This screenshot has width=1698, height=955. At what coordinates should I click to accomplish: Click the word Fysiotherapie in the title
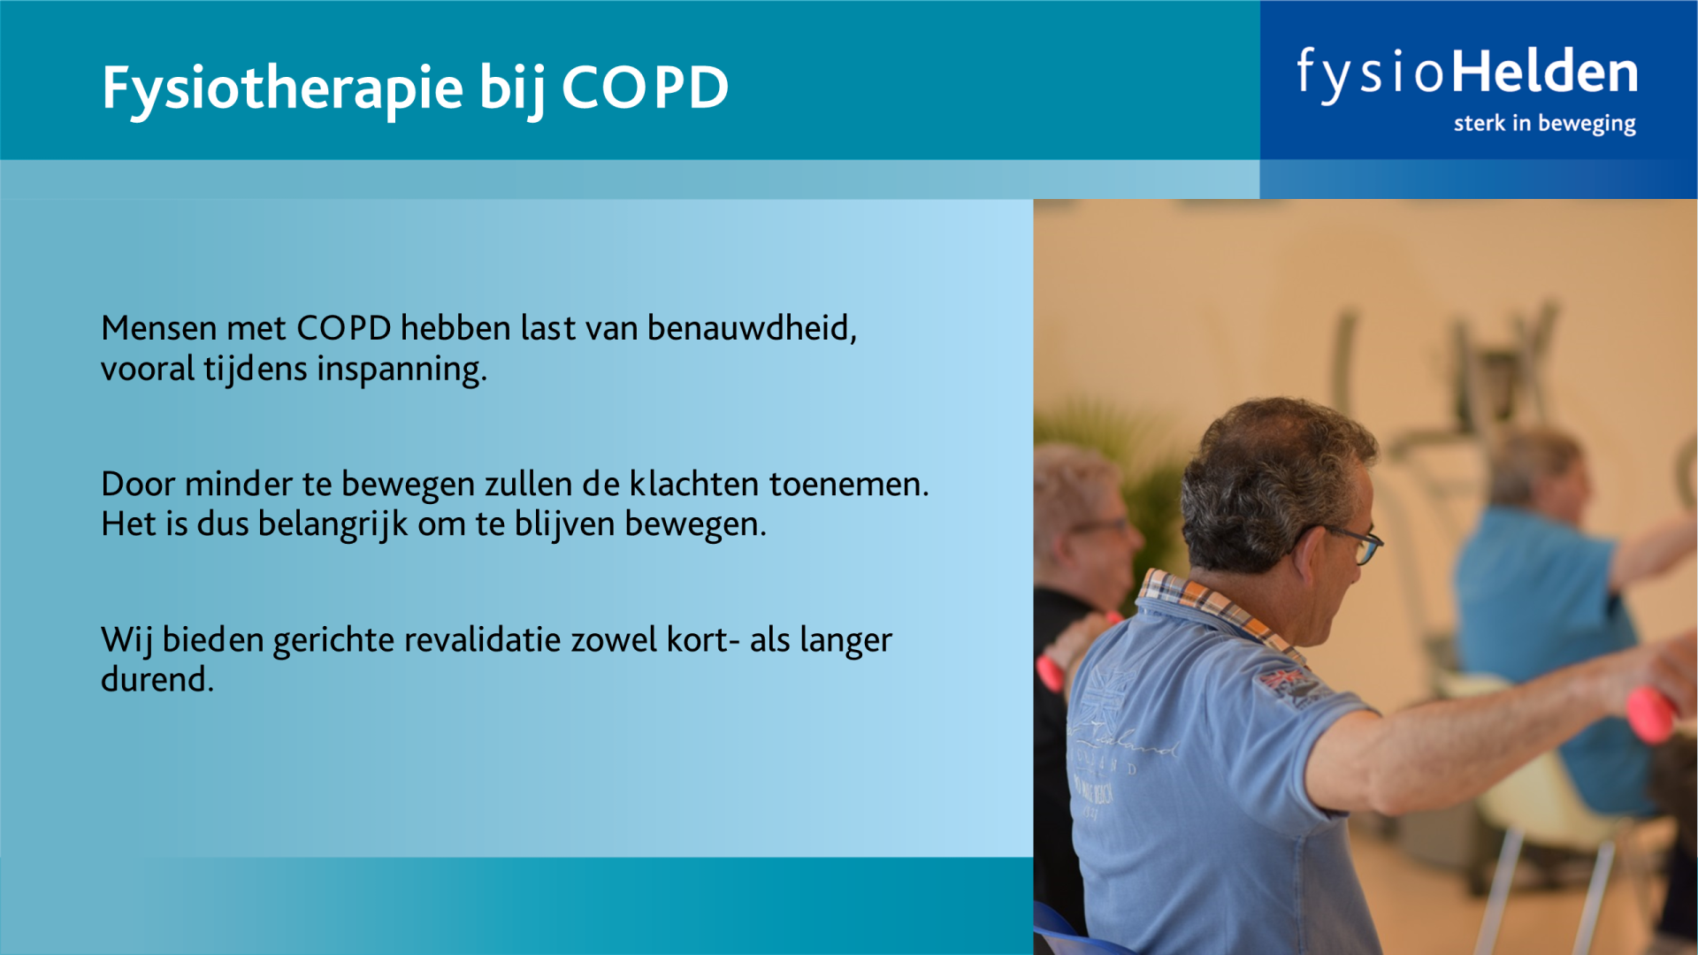[x=283, y=89]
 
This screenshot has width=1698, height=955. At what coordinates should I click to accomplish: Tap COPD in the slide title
[x=645, y=88]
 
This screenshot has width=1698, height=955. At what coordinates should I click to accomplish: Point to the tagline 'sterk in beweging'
[x=1544, y=124]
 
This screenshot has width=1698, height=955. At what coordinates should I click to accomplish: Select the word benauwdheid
[x=752, y=328]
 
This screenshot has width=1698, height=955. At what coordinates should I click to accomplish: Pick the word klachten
[x=693, y=484]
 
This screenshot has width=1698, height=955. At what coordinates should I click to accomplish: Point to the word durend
[x=157, y=679]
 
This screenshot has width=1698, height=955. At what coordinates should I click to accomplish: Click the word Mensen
[x=159, y=328]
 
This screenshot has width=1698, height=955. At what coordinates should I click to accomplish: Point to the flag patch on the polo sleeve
[x=1287, y=683]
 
